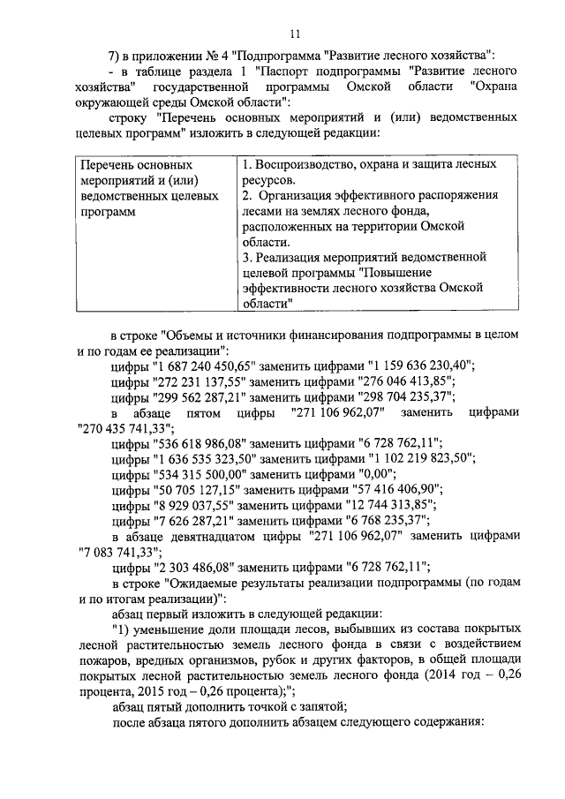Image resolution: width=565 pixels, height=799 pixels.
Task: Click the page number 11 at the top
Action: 295,34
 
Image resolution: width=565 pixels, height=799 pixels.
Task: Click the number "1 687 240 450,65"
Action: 201,366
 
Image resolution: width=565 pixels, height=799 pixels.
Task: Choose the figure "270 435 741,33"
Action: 124,427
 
